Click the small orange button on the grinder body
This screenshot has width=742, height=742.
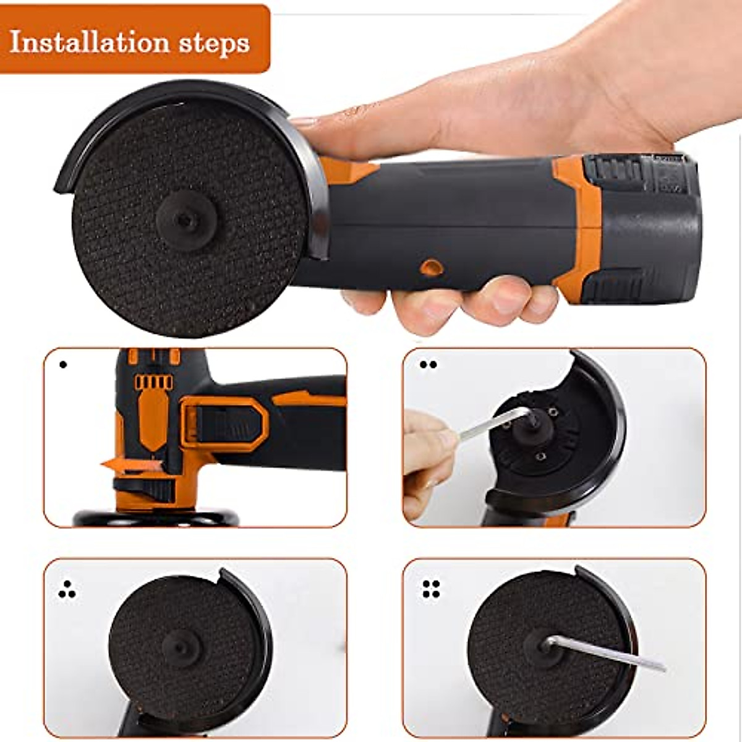point(429,267)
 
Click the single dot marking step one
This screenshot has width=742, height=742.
point(62,365)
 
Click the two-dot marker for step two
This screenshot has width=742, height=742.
point(428,365)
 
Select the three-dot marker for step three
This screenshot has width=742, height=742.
point(67,591)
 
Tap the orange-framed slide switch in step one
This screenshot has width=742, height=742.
point(226,424)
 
